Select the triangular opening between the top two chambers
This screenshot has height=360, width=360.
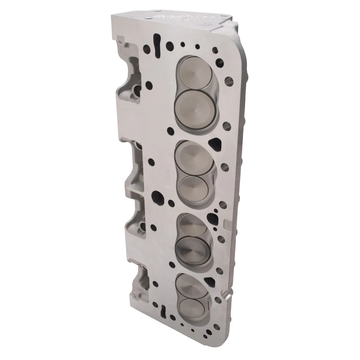pyautogui.click(x=215, y=143)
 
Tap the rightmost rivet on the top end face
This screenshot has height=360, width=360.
pyautogui.click(x=224, y=15)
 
